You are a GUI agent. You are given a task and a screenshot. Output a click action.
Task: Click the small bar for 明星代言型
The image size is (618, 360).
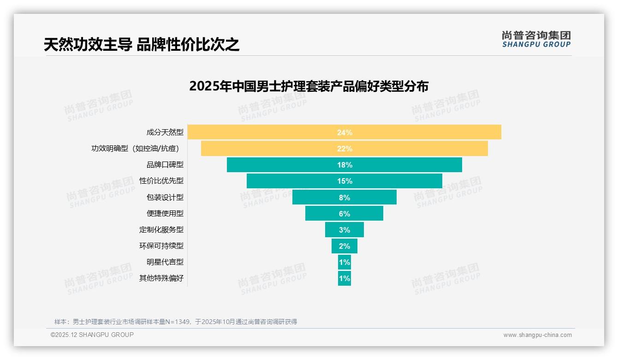pyautogui.click(x=345, y=262)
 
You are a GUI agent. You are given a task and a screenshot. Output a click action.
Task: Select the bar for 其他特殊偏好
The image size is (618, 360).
pyautogui.click(x=345, y=278)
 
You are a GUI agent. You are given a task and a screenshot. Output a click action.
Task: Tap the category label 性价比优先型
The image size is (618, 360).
pyautogui.click(x=161, y=181)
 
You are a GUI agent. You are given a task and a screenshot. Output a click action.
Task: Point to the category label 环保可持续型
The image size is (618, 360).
pyautogui.click(x=161, y=246)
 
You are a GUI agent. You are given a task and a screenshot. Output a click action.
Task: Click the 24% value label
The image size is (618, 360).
pyautogui.click(x=345, y=132)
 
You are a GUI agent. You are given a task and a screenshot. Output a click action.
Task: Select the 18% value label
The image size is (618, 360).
pyautogui.click(x=345, y=165)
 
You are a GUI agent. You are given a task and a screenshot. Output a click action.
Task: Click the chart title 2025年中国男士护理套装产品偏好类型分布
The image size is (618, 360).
pyautogui.click(x=309, y=87)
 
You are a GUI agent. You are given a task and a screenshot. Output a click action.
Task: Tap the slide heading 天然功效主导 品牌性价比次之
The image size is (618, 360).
pyautogui.click(x=141, y=45)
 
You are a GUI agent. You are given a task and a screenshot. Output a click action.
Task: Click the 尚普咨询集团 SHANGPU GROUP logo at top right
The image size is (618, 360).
pyautogui.click(x=536, y=39)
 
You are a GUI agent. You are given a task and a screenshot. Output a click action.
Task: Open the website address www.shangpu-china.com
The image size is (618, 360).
pyautogui.click(x=537, y=335)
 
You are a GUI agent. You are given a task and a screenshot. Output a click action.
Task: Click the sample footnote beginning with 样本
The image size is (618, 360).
pyautogui.click(x=175, y=322)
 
